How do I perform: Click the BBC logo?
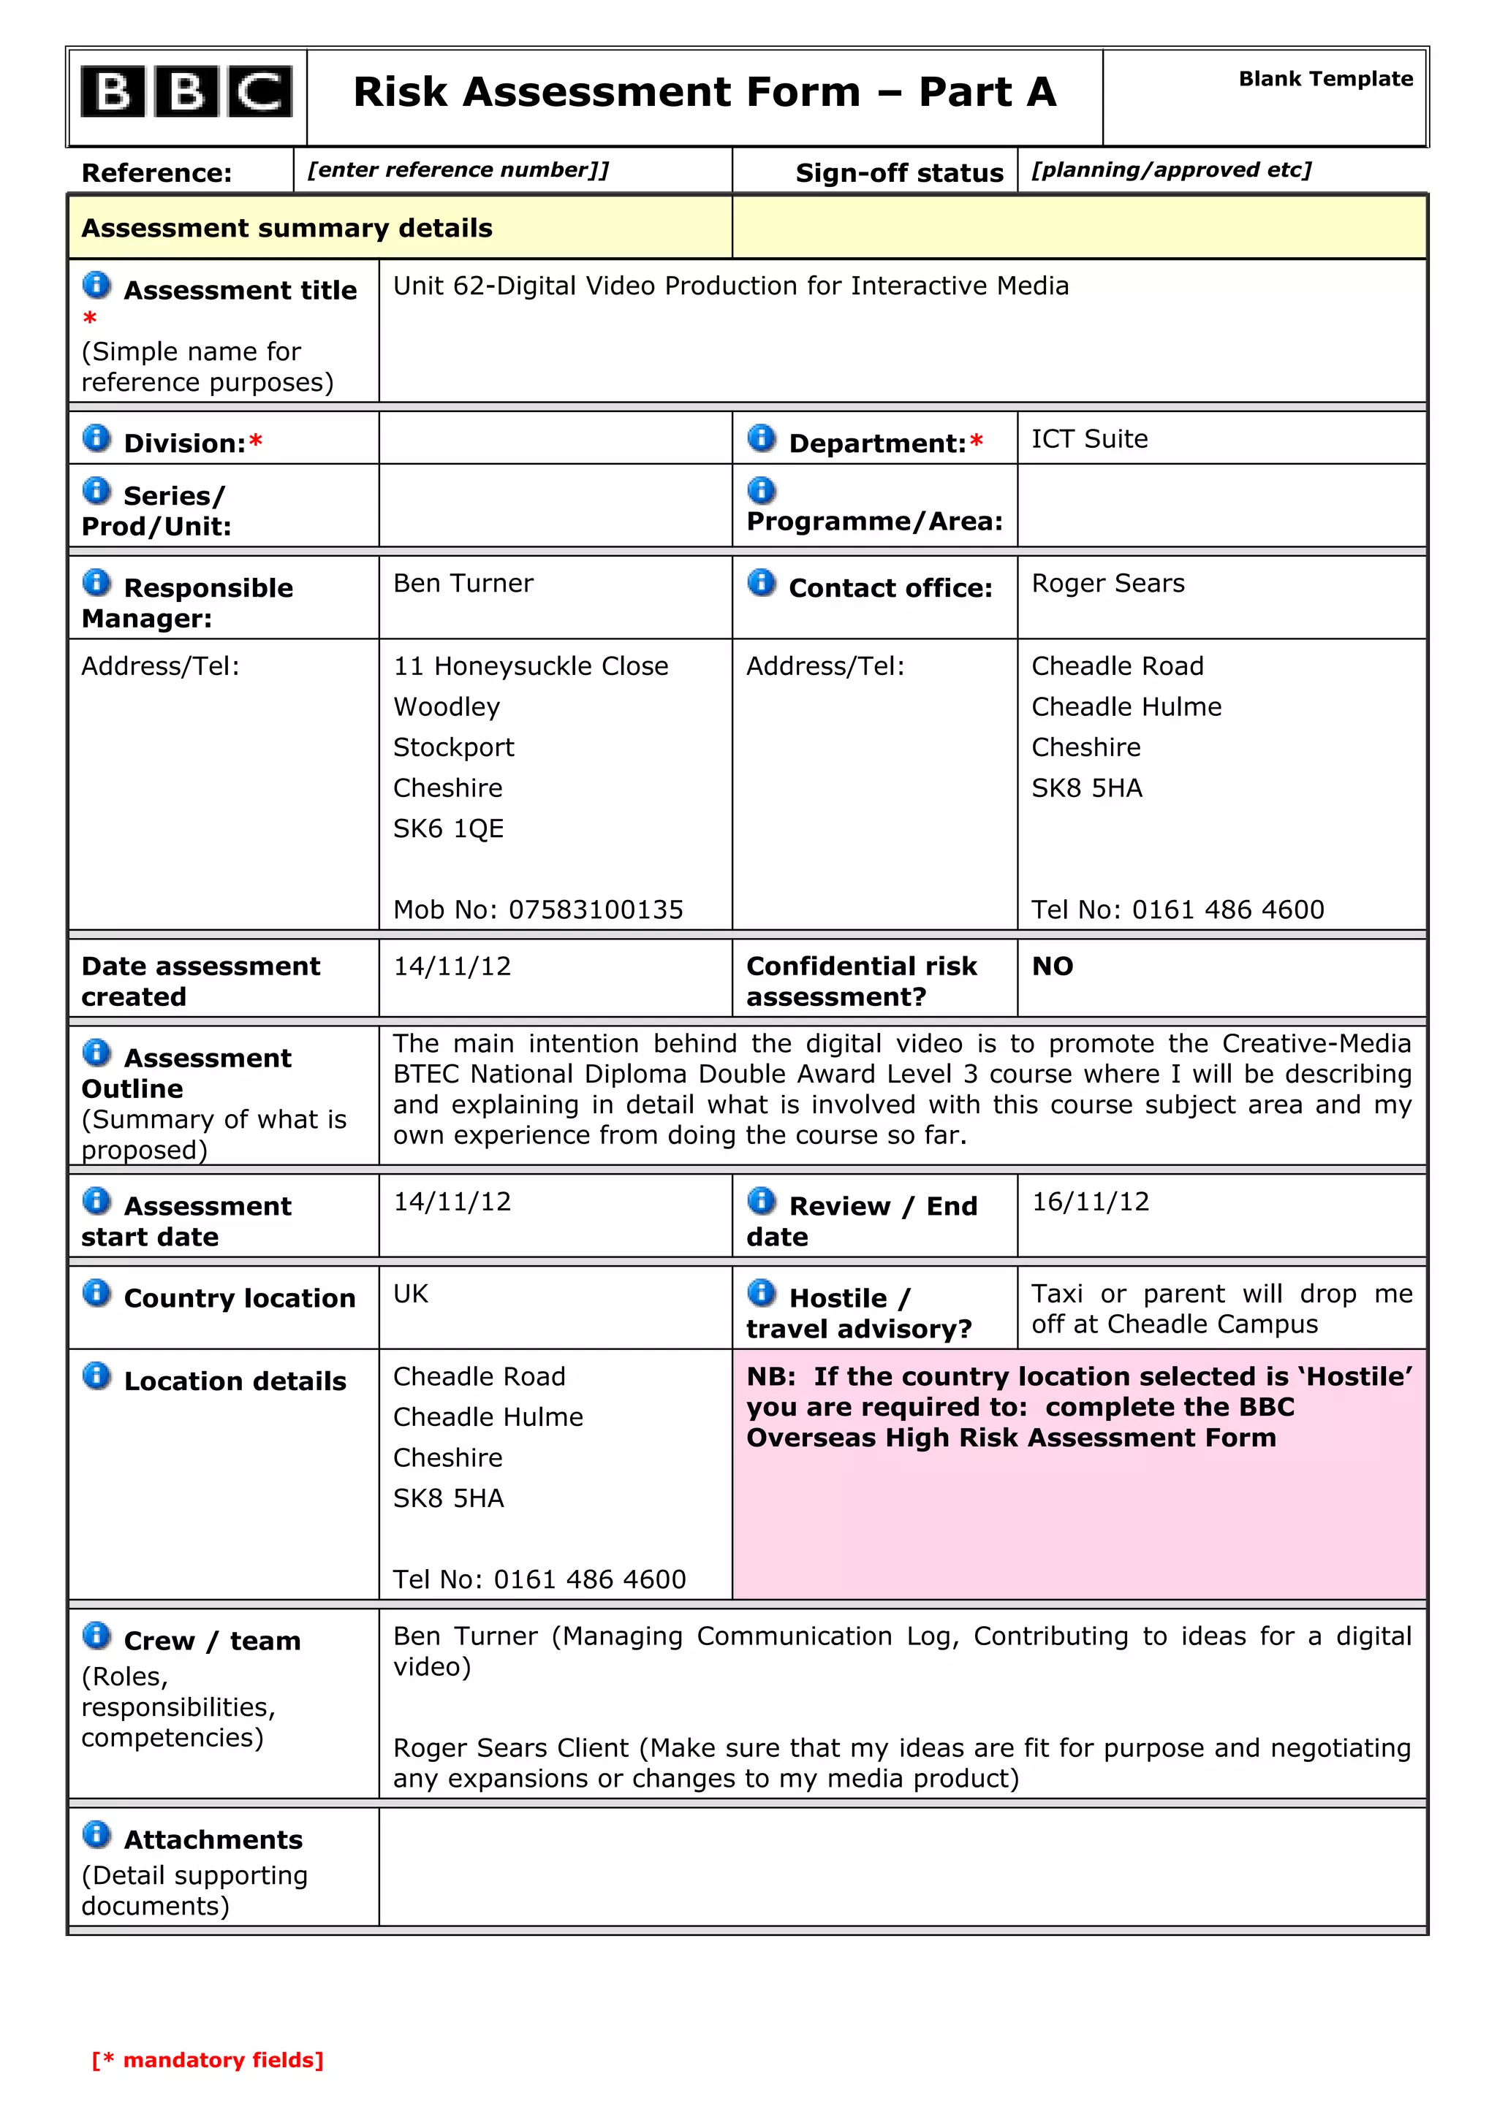pos(186,92)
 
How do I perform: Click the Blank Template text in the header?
pos(1324,80)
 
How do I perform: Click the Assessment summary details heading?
pos(287,228)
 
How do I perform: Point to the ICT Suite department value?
pos(1089,439)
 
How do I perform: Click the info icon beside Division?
pos(96,438)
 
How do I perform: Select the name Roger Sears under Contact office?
pos(1107,583)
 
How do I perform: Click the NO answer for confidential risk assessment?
pos(1053,966)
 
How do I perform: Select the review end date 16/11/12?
pos(1091,1202)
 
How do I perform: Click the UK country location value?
pos(411,1294)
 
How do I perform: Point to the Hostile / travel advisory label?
pos(858,1313)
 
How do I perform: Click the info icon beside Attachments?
pos(96,1835)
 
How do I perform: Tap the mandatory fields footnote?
pos(208,2060)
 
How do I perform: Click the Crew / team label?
pos(212,1641)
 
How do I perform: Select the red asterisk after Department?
pos(976,443)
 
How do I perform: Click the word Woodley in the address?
pos(447,706)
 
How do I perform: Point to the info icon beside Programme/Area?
pos(761,489)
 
